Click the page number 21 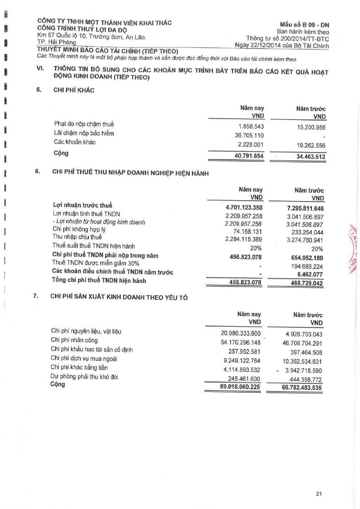(x=320, y=493)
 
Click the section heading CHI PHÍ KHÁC (x=74, y=90)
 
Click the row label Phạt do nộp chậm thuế (x=84, y=124)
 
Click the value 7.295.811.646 (x=305, y=208)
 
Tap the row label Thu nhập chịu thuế (x=77, y=237)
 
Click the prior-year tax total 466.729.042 (x=305, y=283)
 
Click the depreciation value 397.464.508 (x=306, y=352)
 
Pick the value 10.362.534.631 (x=302, y=361)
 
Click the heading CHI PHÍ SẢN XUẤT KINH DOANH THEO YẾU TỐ (x=119, y=297)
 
